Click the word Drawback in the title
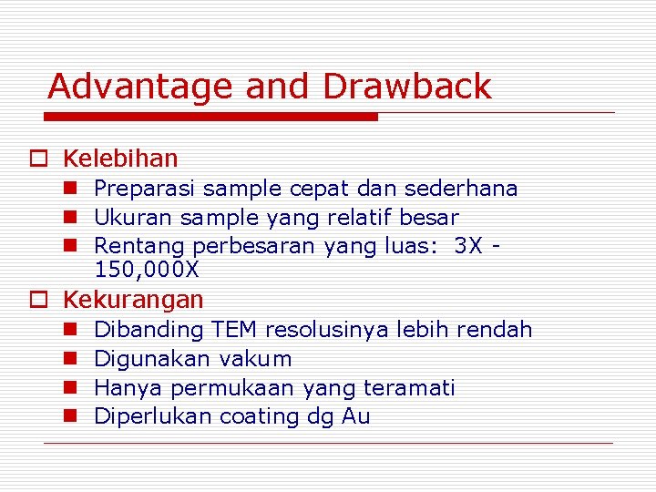click(x=406, y=87)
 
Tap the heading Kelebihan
click(x=120, y=159)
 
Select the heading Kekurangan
click(x=133, y=299)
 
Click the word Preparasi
click(x=145, y=190)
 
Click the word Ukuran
click(x=134, y=218)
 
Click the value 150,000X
click(x=147, y=270)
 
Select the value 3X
click(x=471, y=246)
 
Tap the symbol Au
click(x=356, y=416)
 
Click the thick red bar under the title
click(x=211, y=117)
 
